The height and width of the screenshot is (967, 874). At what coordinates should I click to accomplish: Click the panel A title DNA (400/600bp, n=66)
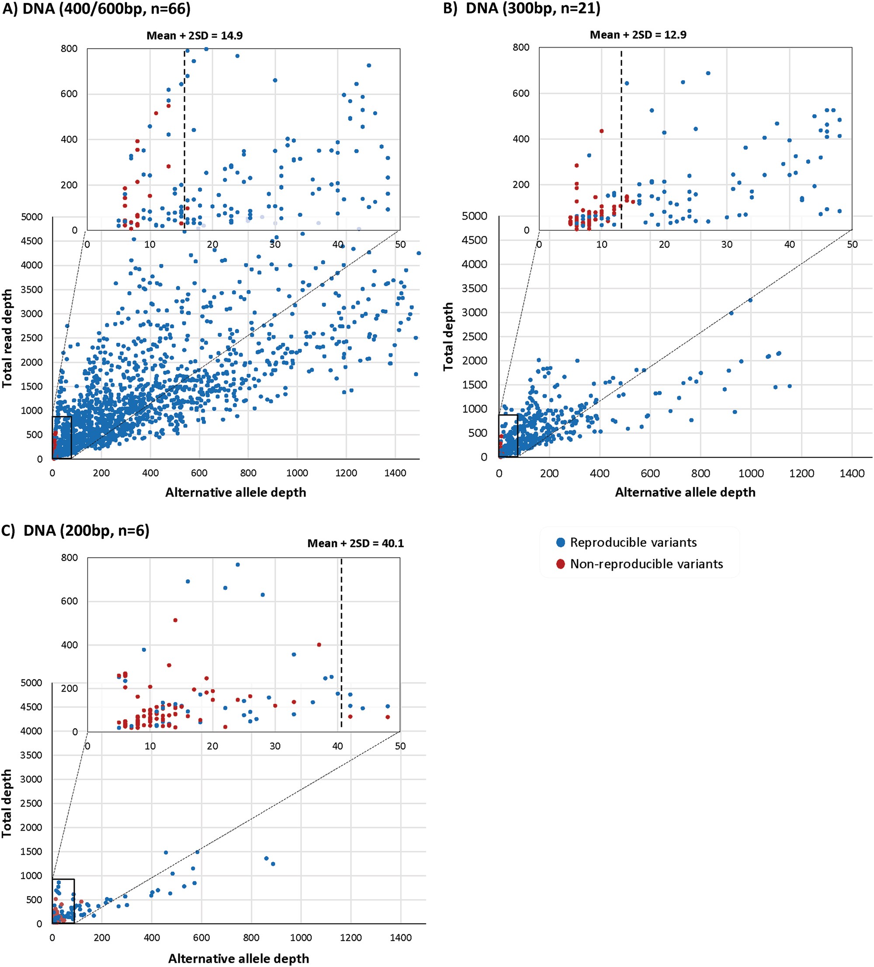click(x=96, y=8)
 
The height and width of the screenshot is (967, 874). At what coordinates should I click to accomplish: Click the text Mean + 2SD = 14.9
click(x=194, y=35)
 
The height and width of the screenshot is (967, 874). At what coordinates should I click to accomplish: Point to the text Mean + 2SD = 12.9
click(x=638, y=35)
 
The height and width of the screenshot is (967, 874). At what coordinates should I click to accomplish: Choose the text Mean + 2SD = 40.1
click(x=355, y=543)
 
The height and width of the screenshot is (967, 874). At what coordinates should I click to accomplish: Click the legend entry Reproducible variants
click(x=633, y=543)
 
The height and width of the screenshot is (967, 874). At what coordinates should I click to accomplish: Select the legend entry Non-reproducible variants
click(x=646, y=564)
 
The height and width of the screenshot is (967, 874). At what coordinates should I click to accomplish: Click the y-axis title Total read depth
click(x=7, y=338)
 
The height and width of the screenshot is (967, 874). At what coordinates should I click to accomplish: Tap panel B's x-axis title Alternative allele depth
click(x=685, y=492)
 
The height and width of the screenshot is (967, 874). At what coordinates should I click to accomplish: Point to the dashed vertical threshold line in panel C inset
click(x=341, y=643)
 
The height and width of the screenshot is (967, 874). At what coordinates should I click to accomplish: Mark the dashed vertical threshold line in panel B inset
click(x=621, y=139)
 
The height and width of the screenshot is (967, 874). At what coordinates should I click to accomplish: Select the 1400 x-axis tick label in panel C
click(x=400, y=937)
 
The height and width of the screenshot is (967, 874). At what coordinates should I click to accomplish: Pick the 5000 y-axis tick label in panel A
click(x=31, y=217)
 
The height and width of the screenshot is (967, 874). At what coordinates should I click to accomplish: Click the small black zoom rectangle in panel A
click(x=62, y=437)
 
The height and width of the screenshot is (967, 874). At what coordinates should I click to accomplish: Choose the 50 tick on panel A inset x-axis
click(x=400, y=244)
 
